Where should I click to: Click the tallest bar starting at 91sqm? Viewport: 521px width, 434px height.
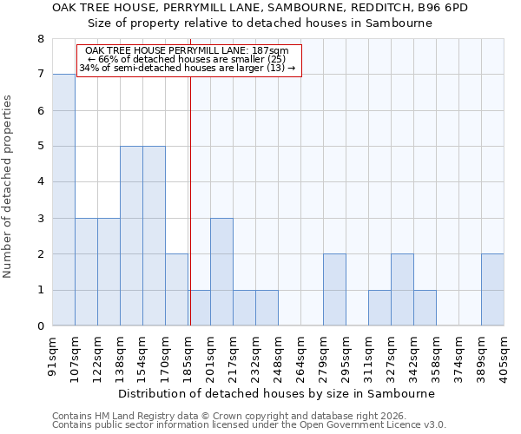(x=63, y=200)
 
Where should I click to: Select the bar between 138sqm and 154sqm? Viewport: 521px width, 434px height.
(x=131, y=236)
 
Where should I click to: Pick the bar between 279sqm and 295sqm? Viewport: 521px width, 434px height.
(x=334, y=290)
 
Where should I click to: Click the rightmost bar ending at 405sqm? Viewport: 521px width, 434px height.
(x=492, y=290)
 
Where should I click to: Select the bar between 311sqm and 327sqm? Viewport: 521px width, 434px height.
(x=379, y=308)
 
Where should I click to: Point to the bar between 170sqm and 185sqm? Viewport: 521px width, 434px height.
(x=176, y=290)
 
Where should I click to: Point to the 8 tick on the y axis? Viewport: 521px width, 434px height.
(x=40, y=39)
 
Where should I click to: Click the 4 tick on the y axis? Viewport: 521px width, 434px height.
(x=40, y=182)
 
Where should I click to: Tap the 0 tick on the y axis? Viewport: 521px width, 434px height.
(x=40, y=326)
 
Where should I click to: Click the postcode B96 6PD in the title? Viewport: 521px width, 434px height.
(x=445, y=7)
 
